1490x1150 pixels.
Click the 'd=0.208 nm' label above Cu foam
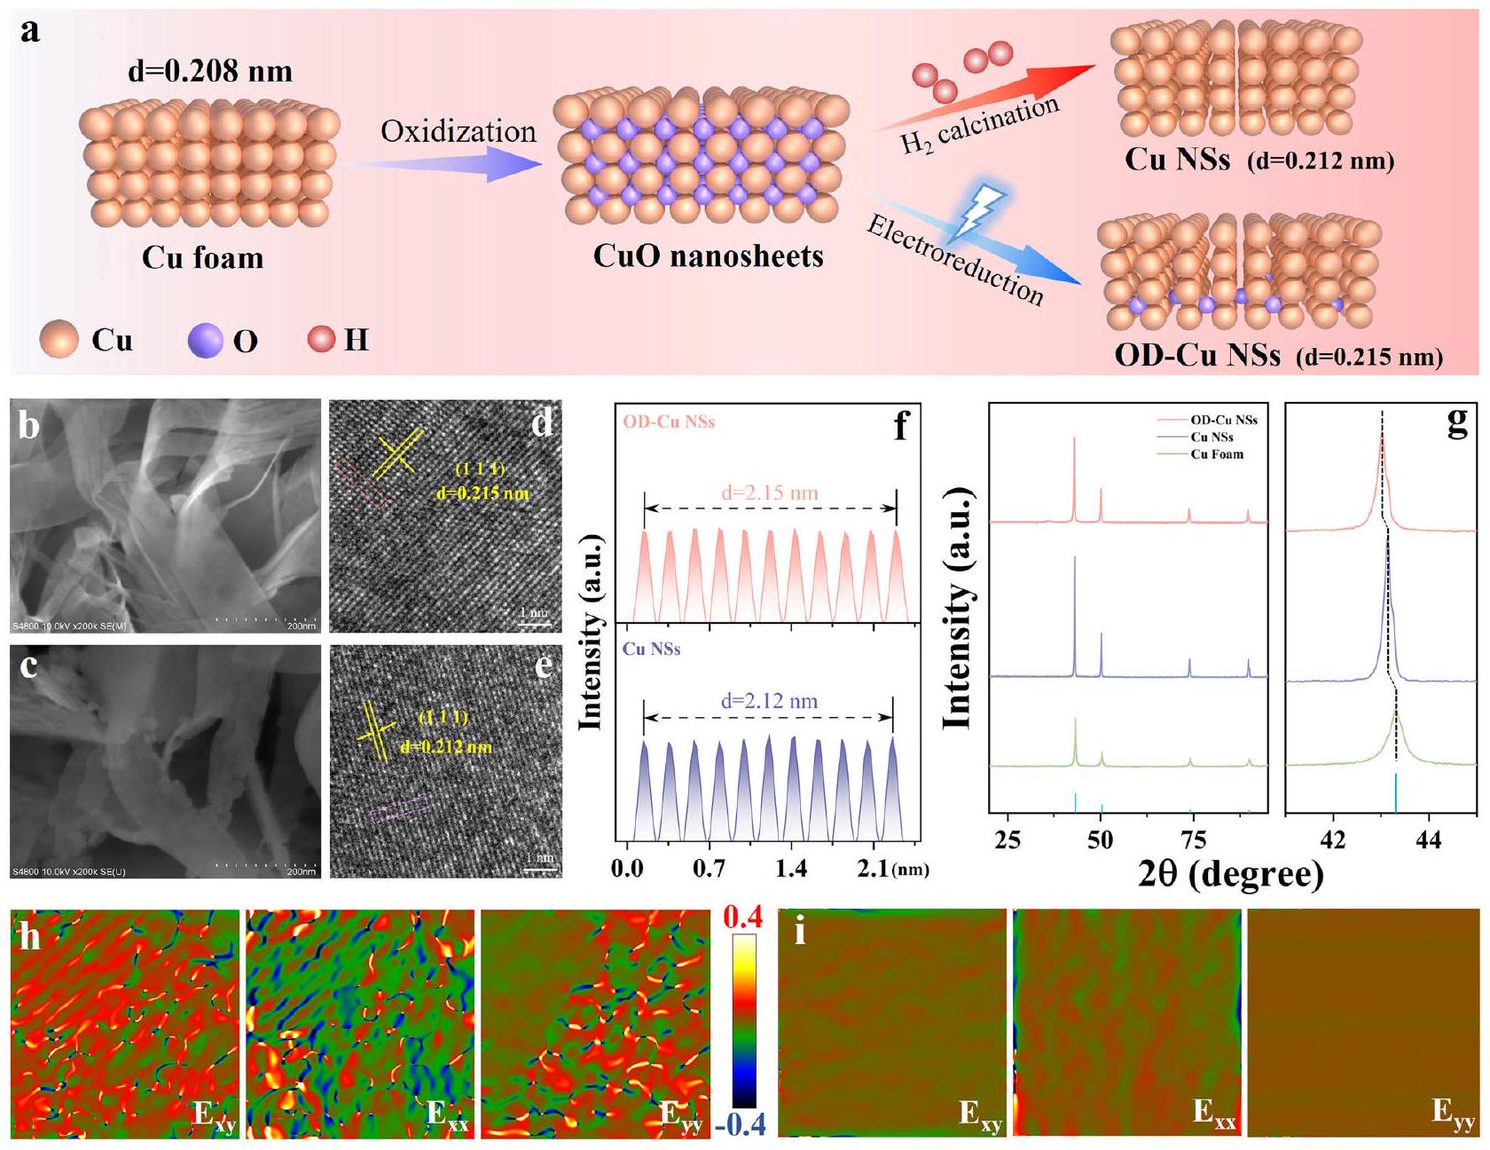pos(210,71)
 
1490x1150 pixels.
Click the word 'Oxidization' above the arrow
pos(459,131)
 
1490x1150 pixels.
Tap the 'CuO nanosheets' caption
pos(708,256)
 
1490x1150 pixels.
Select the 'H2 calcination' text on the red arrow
pos(979,125)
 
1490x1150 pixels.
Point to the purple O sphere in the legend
pos(205,341)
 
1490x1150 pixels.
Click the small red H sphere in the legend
pos(321,339)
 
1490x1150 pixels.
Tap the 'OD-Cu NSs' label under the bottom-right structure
pos(1196,355)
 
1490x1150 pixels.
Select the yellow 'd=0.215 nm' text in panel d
pos(482,492)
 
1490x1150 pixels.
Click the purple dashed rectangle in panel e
pos(398,809)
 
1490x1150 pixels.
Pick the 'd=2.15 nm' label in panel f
pos(769,492)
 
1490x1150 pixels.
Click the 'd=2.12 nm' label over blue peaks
pos(769,701)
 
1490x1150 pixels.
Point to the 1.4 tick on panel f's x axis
pos(791,869)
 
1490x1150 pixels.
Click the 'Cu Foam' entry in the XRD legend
pos(1216,454)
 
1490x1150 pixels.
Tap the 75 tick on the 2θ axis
pos(1193,839)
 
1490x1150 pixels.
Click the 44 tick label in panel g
pos(1429,839)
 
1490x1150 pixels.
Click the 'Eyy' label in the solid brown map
pos(1452,1113)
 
